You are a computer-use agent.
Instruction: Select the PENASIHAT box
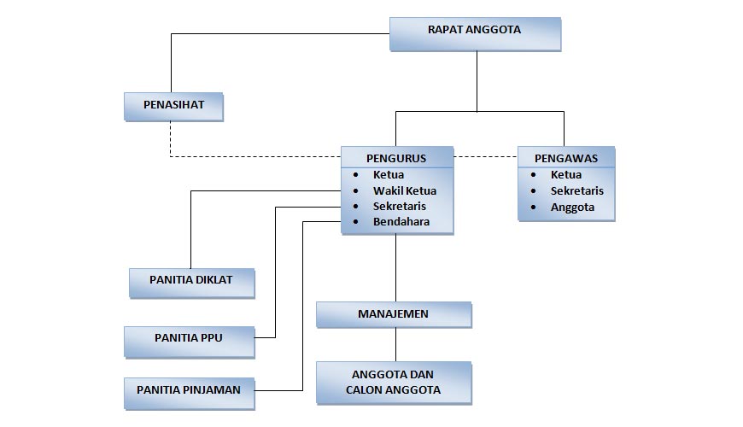pos(173,106)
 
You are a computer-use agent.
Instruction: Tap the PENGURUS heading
pos(396,158)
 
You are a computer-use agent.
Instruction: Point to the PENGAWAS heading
pos(565,158)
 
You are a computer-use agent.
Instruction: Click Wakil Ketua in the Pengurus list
pos(404,190)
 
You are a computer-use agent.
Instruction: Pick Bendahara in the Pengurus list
pos(401,222)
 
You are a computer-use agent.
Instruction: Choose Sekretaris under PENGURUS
pos(399,206)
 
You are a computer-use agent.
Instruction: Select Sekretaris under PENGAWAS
pos(576,190)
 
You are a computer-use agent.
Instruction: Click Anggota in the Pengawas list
pos(572,207)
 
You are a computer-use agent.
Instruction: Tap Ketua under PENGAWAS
pos(566,175)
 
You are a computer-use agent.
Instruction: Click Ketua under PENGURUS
pos(389,175)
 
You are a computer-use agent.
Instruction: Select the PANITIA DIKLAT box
pos(191,281)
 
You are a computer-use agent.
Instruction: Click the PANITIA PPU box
pos(189,339)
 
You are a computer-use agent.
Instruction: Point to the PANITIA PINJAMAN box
pos(189,390)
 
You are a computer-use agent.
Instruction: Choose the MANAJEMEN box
pos(393,314)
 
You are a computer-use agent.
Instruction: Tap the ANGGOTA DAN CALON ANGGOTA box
pos(393,382)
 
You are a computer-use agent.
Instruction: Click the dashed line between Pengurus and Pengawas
pos(485,157)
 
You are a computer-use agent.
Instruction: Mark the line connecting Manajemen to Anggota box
pos(395,344)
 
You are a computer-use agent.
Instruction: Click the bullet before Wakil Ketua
pos(356,191)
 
